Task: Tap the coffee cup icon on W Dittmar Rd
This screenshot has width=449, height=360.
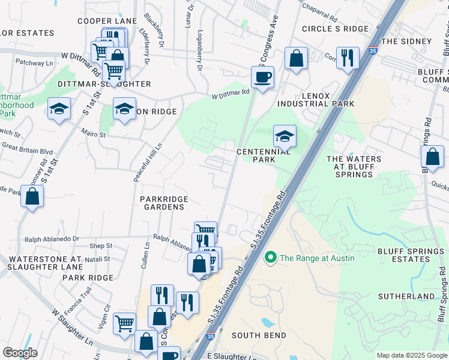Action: pos(262,77)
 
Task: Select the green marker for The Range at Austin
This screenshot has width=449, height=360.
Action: pos(270,258)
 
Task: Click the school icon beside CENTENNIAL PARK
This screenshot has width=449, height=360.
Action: pos(285,136)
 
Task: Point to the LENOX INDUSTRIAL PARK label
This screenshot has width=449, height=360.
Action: pos(312,99)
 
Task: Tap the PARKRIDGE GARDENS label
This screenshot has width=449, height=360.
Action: pos(164,203)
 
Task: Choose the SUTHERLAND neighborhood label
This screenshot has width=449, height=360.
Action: pos(406,296)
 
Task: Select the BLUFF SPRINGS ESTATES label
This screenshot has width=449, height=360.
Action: pos(403,255)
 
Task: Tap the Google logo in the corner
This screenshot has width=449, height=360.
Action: pos(20,353)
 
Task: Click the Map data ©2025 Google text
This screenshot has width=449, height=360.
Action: pos(412,355)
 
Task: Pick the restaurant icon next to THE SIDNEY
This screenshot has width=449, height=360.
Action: pos(348,58)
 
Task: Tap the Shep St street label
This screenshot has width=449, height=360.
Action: pos(101,246)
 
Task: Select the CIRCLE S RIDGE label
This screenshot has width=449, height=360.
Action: pos(334,29)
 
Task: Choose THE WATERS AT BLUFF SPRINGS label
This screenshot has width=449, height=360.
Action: pos(354,167)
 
